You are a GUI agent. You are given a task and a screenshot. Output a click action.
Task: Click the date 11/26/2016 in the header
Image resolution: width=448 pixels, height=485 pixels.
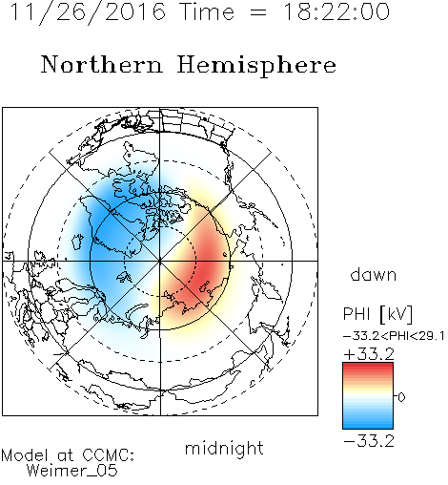88,12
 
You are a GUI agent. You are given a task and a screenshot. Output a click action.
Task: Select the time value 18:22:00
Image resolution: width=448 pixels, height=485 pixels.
336,11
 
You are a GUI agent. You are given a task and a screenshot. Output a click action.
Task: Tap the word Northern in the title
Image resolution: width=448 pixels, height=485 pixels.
102,65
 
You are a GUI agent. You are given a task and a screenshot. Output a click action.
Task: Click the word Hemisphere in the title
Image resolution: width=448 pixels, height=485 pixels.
256,66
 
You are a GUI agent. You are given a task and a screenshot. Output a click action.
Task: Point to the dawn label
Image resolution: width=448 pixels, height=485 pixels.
374,274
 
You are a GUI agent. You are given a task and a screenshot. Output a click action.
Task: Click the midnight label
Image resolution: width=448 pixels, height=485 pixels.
224,450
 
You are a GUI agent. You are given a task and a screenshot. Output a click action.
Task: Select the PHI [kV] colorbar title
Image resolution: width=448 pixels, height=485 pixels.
378,314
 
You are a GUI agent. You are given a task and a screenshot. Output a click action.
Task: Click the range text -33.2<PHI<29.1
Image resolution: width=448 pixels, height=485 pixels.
394,336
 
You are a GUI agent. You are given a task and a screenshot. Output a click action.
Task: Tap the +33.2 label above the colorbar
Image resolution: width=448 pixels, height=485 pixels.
369,354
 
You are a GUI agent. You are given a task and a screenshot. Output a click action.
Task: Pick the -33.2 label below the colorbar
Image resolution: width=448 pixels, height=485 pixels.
369,441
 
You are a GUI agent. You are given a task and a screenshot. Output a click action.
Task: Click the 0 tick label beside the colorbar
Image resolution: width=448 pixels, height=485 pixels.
401,397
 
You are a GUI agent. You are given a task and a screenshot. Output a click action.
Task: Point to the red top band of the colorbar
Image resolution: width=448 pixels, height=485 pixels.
368,367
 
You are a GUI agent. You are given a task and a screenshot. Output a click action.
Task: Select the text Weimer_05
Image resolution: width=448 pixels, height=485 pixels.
71,471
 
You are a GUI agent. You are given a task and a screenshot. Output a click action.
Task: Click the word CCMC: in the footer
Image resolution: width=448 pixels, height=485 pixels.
109,455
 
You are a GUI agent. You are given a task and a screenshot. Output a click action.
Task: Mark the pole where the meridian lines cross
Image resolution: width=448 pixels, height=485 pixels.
160,262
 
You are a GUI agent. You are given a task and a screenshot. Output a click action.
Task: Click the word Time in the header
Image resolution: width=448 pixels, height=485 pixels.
207,11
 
